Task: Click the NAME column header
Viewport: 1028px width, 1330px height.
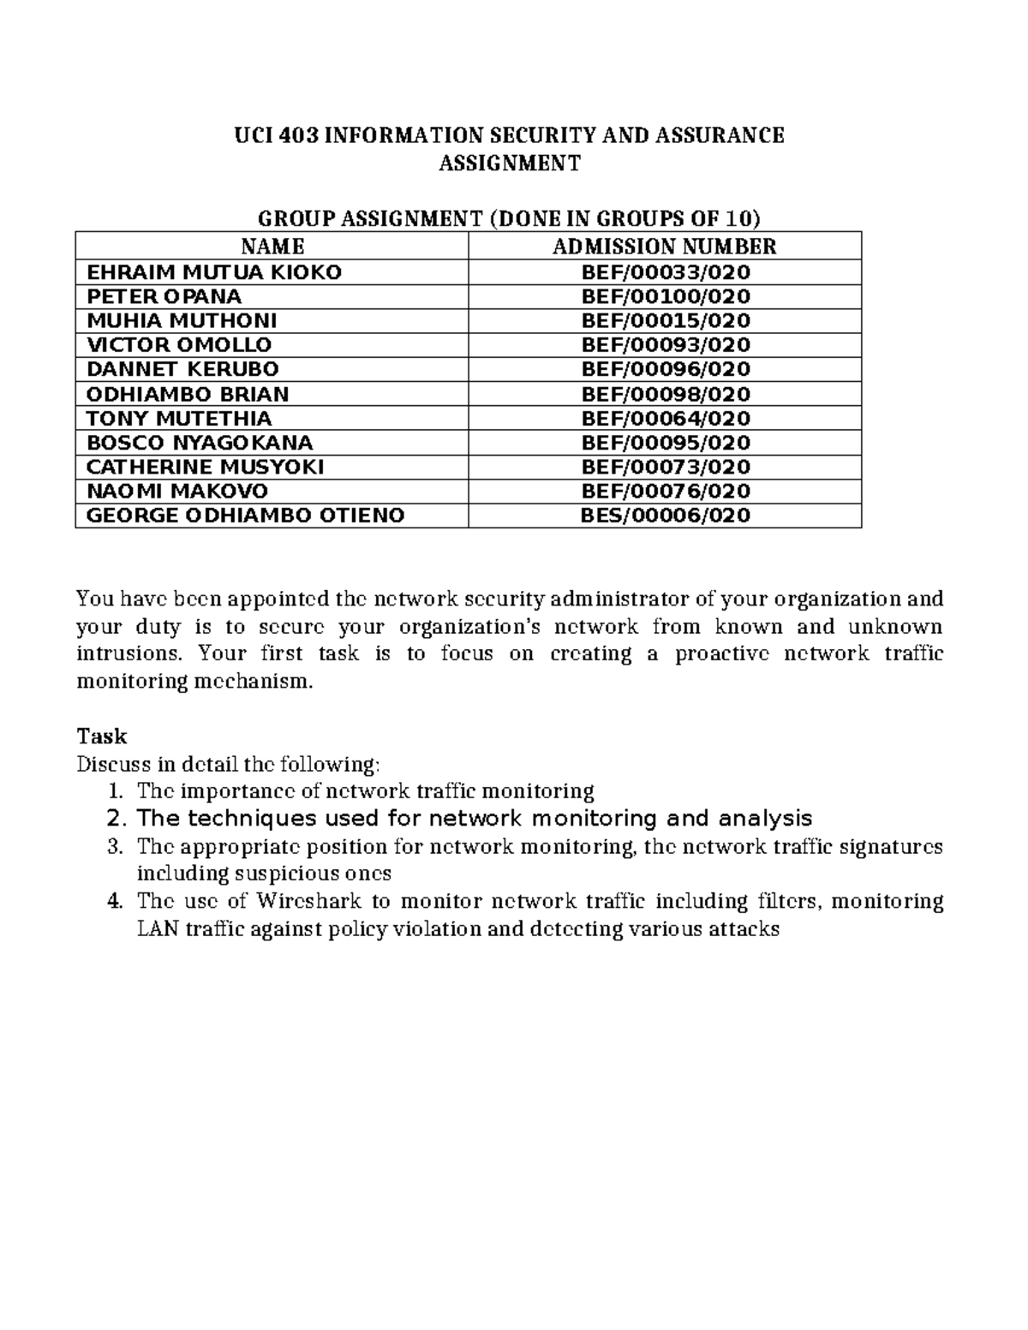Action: (x=272, y=247)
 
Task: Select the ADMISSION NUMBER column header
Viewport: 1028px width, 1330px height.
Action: (x=664, y=247)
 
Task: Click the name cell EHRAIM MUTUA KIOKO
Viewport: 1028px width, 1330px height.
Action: (x=214, y=272)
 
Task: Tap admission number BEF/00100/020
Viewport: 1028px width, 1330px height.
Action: (x=666, y=296)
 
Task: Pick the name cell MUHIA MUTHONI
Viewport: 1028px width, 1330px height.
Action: (x=182, y=320)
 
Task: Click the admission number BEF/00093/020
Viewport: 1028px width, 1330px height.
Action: (x=666, y=344)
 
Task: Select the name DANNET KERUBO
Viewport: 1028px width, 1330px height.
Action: (x=182, y=369)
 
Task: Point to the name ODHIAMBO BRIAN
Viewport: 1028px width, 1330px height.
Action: (x=188, y=394)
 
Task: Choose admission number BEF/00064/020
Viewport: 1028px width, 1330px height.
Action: (x=666, y=418)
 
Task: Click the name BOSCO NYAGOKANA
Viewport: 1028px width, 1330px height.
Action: (x=200, y=443)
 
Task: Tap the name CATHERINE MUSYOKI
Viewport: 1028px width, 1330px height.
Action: (x=206, y=467)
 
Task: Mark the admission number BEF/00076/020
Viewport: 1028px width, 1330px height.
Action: (x=666, y=491)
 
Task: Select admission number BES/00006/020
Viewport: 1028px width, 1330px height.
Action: (x=666, y=515)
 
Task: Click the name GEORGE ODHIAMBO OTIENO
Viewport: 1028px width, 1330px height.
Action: (x=246, y=515)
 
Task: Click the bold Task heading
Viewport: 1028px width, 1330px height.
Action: (x=101, y=737)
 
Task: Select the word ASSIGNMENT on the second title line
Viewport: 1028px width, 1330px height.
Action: (x=510, y=163)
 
